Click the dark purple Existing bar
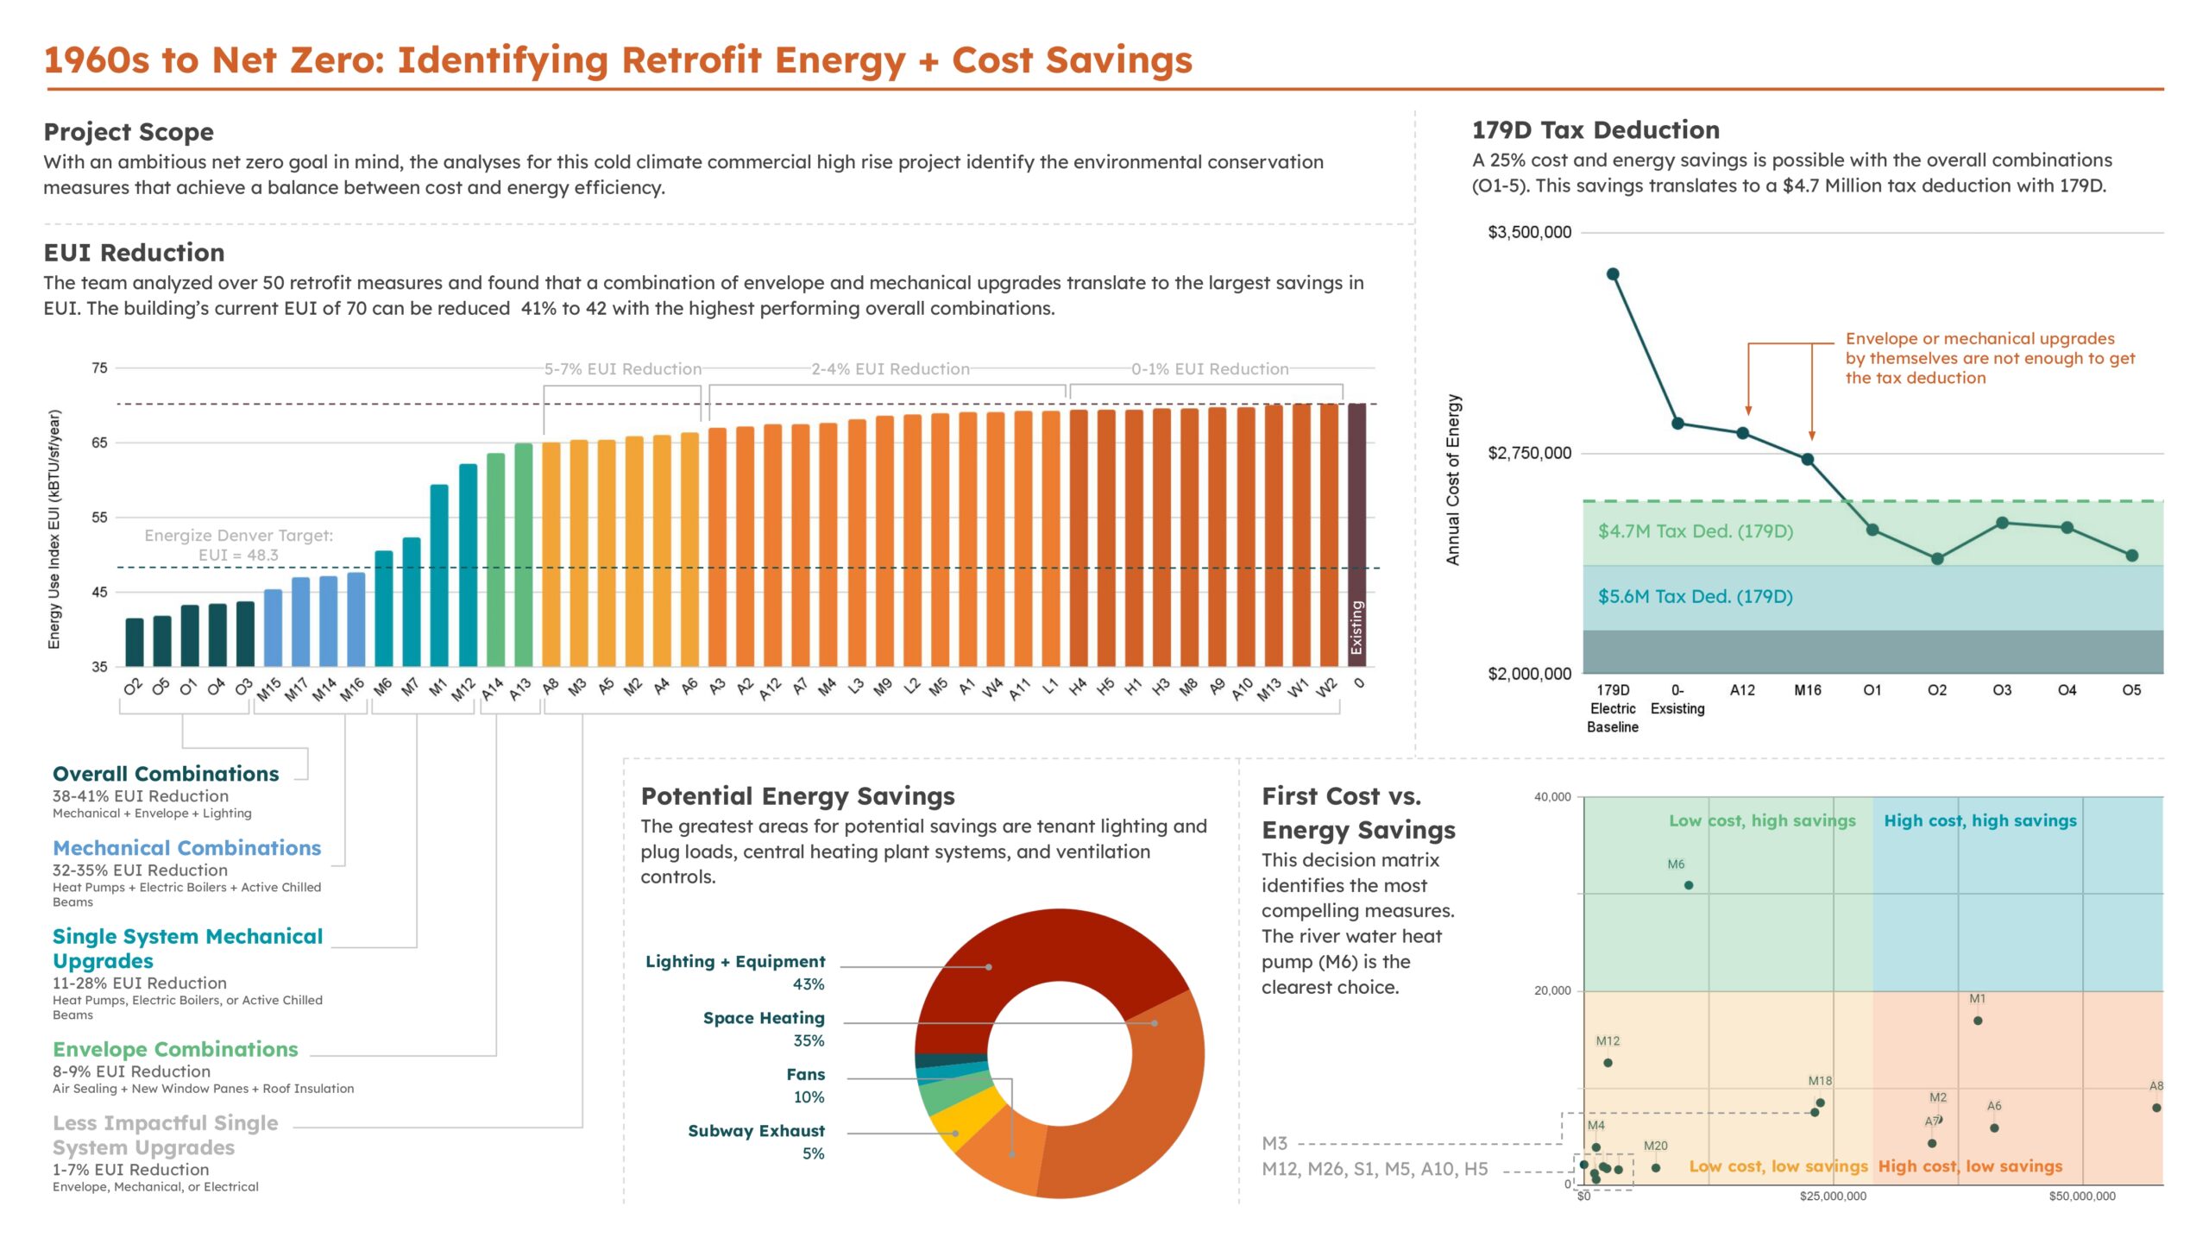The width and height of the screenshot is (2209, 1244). [x=1356, y=535]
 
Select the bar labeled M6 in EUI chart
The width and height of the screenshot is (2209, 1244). [x=383, y=608]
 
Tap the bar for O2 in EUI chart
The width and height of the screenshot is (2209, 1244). [x=135, y=642]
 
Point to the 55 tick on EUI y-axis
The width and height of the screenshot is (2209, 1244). [x=99, y=518]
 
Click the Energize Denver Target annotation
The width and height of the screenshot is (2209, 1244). [x=238, y=544]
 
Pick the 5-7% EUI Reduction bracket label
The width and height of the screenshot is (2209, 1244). [x=622, y=369]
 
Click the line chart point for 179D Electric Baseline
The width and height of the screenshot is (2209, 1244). [x=1612, y=274]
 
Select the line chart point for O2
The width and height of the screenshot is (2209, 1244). [x=1937, y=559]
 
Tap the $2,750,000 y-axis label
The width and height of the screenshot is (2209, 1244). [x=1529, y=454]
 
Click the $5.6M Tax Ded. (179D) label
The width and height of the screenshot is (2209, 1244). [x=1695, y=597]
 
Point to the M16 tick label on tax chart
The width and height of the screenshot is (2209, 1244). [x=1807, y=690]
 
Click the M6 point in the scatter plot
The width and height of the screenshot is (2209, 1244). [x=1689, y=885]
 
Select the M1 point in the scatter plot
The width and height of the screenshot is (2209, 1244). [x=1978, y=1021]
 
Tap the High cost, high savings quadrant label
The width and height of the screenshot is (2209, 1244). [x=1979, y=820]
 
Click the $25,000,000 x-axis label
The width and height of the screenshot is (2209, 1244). [x=1833, y=1196]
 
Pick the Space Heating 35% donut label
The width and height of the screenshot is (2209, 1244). [x=764, y=1028]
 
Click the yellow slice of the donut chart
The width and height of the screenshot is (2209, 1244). [x=958, y=1127]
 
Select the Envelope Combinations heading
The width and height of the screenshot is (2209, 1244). [x=175, y=1049]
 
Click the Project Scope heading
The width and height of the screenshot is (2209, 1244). [x=129, y=132]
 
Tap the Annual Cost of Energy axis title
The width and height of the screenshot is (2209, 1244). [x=1453, y=480]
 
